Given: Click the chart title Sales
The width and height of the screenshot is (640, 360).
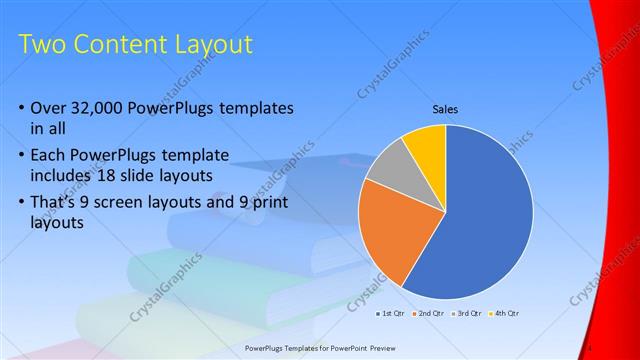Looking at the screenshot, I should (x=446, y=109).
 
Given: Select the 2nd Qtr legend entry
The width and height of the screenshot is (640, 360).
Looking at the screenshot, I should (x=431, y=313).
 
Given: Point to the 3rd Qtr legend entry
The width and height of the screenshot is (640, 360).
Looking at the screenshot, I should (x=469, y=313).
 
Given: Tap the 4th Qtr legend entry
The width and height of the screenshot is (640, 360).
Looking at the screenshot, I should (x=506, y=313).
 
